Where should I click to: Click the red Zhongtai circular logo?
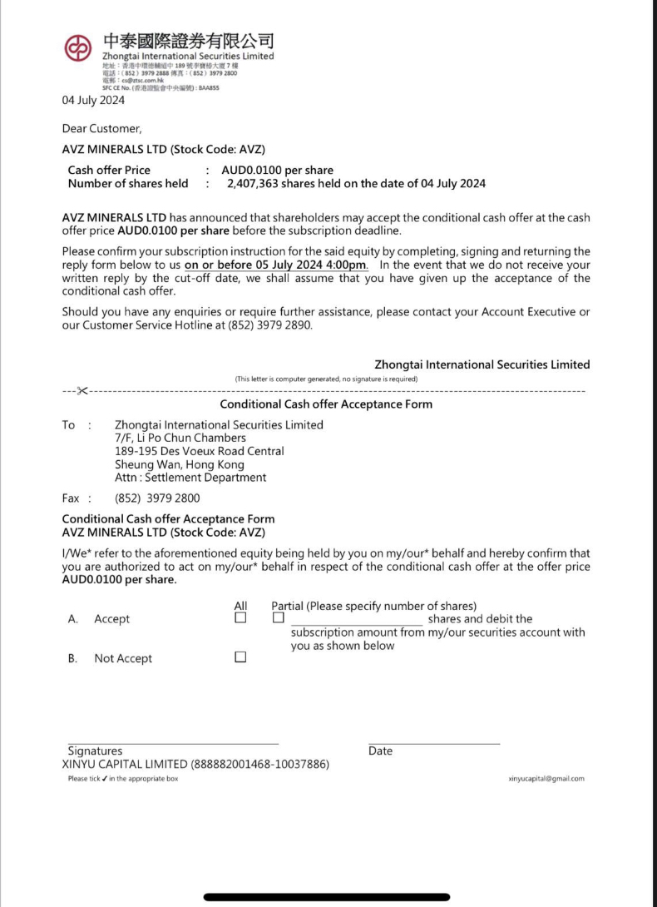click(x=78, y=49)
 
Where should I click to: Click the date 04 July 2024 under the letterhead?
click(x=93, y=101)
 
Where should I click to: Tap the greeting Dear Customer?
click(x=101, y=128)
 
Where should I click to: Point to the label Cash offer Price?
click(x=109, y=171)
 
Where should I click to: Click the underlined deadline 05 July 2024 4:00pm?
click(x=276, y=265)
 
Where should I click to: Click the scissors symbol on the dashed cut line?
click(x=82, y=390)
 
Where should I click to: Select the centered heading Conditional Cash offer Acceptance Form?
click(x=326, y=404)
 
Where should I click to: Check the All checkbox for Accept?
click(x=240, y=619)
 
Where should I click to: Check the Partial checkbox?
click(x=278, y=619)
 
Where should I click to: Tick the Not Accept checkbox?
click(x=240, y=657)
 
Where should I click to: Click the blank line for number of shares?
click(x=356, y=622)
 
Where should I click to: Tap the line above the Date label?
click(x=433, y=743)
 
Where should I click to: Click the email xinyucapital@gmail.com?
click(x=546, y=779)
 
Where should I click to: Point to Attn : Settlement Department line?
click(x=190, y=478)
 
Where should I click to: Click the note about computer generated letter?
click(x=326, y=379)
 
